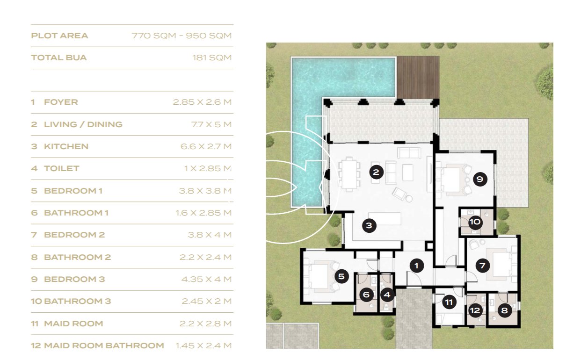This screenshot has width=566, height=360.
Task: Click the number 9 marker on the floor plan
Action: pos(480,179)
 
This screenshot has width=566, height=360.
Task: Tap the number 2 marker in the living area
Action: pos(376,172)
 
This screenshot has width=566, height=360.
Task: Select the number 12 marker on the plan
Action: pos(475,310)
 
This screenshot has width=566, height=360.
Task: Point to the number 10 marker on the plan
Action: pos(475,222)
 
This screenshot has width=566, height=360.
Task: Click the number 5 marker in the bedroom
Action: pos(341,276)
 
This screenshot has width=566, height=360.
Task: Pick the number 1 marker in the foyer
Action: pos(416,266)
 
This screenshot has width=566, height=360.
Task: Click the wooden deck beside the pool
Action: pos(418,77)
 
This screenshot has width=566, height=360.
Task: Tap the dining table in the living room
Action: pos(349,174)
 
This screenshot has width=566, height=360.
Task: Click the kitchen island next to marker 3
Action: pos(385,219)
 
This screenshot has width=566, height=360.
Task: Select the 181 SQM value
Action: pos(212,58)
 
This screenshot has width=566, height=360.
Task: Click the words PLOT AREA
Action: pos(59,36)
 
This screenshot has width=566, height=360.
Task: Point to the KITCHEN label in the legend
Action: pos(66,146)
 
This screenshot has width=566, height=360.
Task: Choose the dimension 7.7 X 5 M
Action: pos(211,124)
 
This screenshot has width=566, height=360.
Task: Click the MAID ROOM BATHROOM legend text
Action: pos(104,346)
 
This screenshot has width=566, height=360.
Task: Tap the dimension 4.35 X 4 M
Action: pos(206,279)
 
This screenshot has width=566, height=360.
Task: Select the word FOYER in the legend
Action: pos(61,102)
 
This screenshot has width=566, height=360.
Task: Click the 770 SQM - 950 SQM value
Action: pos(181,36)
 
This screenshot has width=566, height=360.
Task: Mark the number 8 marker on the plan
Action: pos(504,310)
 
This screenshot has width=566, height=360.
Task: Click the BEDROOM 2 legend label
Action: pos(74,235)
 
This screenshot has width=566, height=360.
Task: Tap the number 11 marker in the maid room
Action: pos(449,302)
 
